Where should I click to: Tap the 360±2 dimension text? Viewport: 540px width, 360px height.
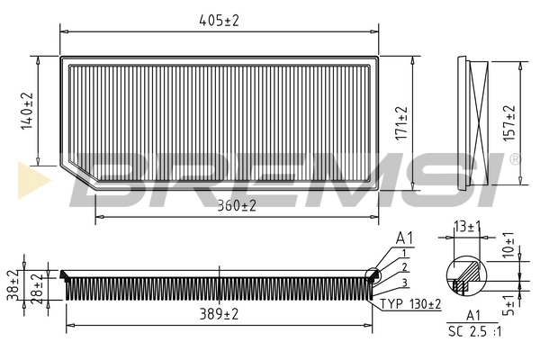236,206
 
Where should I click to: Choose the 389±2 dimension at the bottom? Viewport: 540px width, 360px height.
219,314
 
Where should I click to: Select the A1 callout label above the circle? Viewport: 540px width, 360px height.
405,238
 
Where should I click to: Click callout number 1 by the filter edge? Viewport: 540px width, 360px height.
405,254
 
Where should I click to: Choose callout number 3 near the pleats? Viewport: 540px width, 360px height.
405,283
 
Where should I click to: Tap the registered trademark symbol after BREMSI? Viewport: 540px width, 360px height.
514,159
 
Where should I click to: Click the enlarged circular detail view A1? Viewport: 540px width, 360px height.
466,275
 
